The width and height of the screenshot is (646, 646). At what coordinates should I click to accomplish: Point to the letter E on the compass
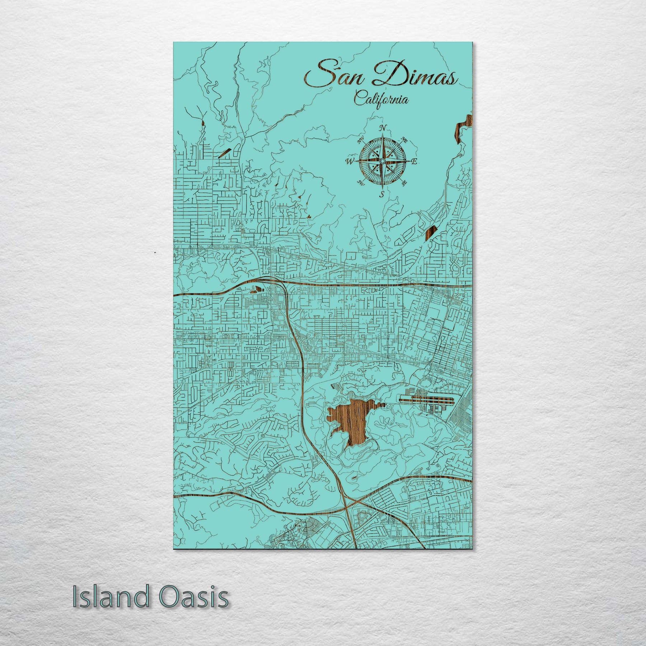413,162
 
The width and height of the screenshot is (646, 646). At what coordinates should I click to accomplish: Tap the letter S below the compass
383,195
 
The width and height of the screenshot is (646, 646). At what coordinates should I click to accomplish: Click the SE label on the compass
404,183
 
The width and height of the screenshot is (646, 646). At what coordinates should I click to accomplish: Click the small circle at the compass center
383,162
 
